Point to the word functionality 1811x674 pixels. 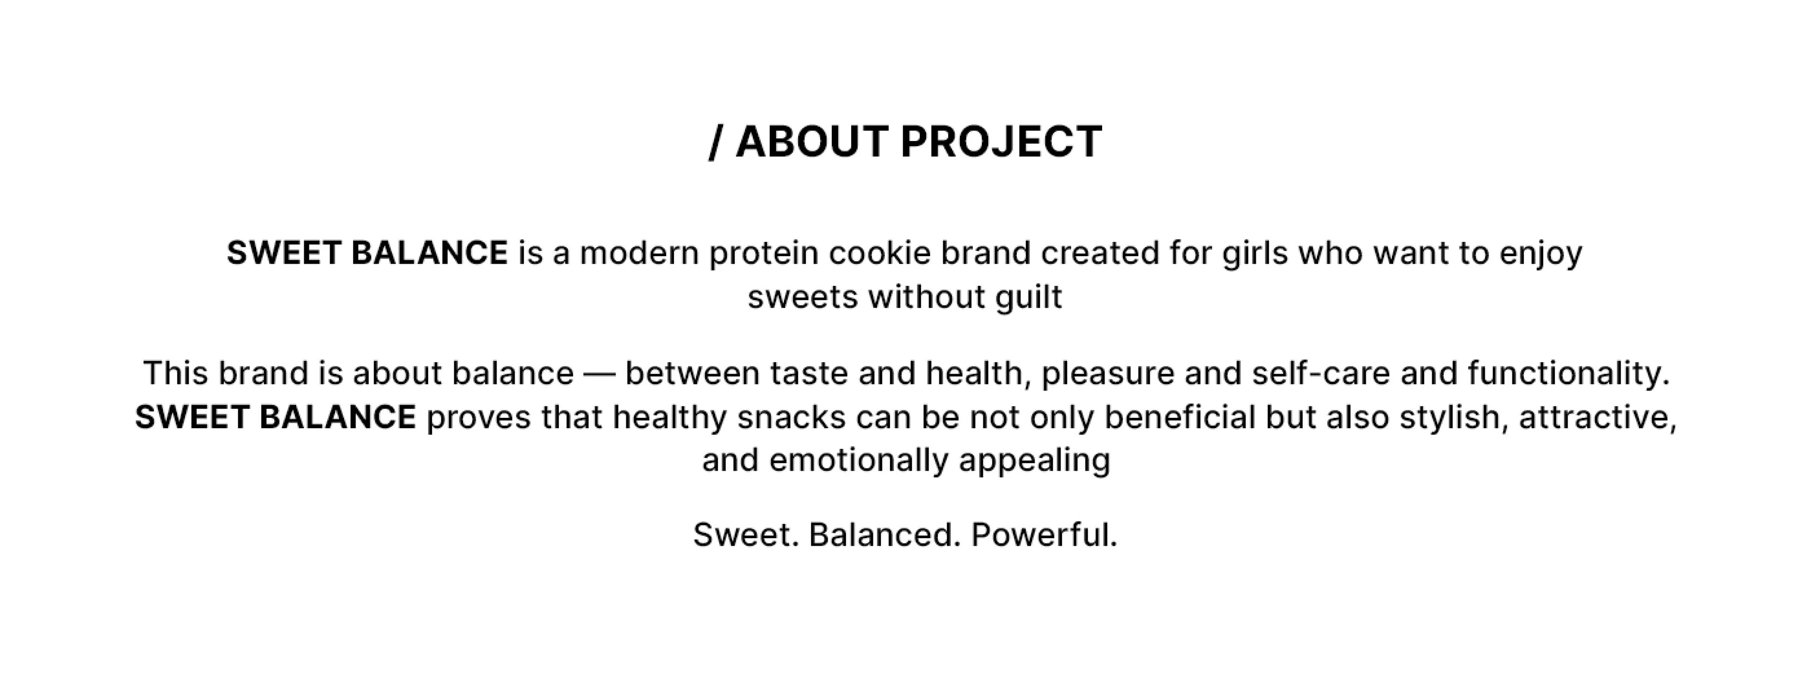tap(1568, 373)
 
